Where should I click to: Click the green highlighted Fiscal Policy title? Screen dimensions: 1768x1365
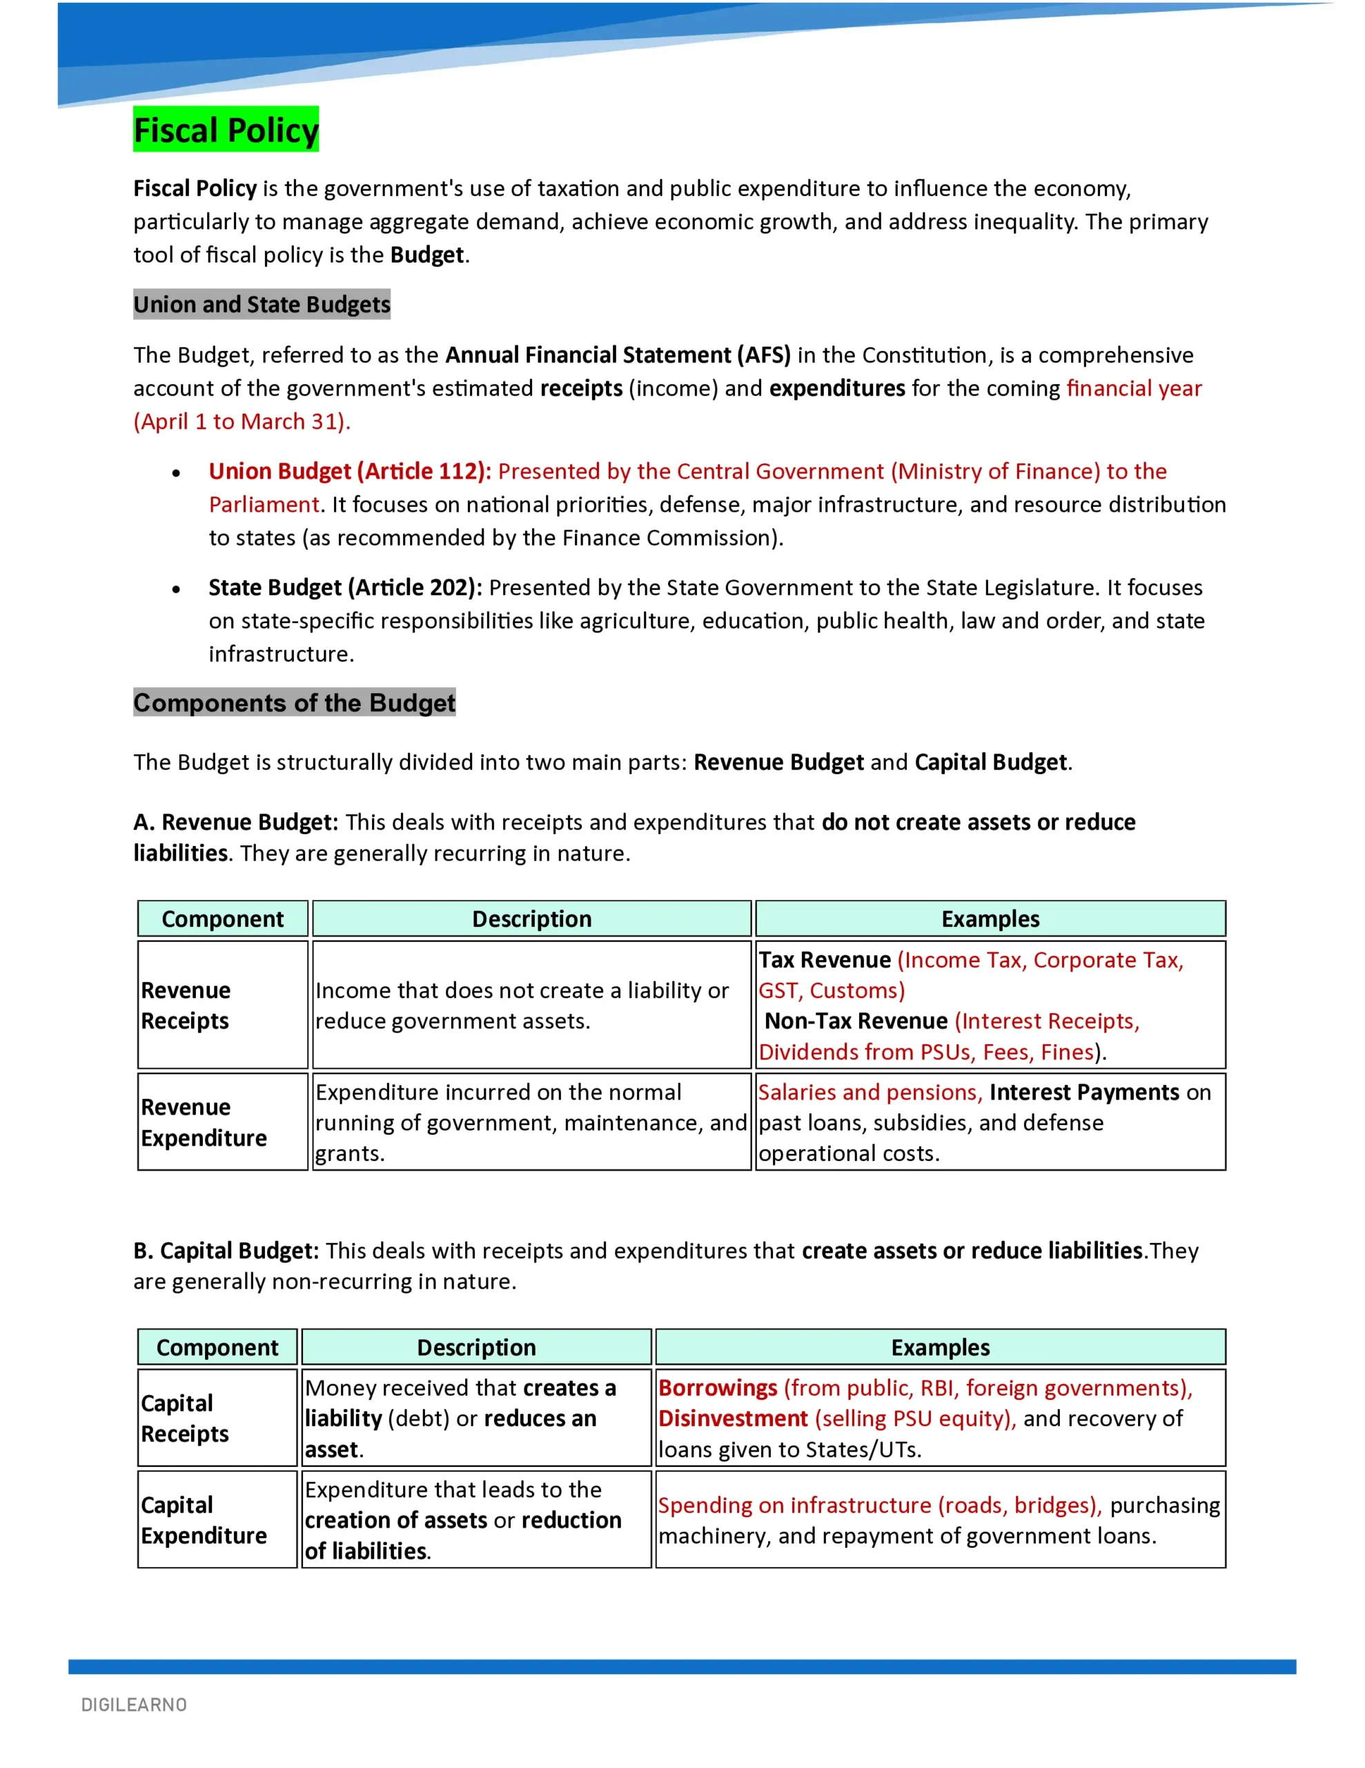point(226,130)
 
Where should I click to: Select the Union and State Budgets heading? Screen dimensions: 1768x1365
point(262,305)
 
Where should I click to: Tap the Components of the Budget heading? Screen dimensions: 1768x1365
point(295,702)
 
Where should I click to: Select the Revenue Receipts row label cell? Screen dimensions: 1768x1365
point(222,1005)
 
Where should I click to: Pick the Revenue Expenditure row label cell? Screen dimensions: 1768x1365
point(222,1122)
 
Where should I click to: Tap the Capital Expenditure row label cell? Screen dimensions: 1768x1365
point(217,1519)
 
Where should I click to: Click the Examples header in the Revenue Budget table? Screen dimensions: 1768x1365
point(990,919)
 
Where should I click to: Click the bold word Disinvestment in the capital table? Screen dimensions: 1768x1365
point(733,1419)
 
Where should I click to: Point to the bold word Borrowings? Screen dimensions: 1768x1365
point(718,1387)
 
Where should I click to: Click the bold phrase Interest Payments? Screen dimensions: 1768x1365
point(1083,1092)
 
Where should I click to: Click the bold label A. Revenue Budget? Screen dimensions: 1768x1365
point(235,822)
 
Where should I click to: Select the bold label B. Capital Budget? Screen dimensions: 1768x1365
point(226,1251)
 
